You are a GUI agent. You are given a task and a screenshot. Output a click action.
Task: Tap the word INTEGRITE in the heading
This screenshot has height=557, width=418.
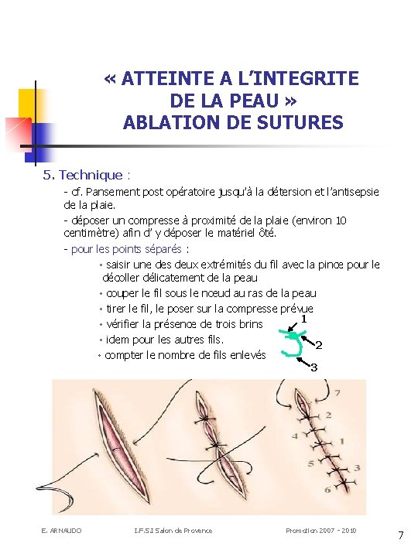(307, 78)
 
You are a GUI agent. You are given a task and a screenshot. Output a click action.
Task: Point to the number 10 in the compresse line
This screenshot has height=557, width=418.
(341, 220)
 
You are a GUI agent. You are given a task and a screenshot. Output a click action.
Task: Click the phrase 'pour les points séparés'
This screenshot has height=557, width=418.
(126, 249)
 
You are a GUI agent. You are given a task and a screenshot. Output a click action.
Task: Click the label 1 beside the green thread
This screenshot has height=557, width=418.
(303, 319)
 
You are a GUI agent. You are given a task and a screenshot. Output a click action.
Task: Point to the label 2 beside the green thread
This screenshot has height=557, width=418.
(319, 345)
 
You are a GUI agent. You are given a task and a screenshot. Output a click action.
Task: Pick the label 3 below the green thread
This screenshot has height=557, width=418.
(313, 367)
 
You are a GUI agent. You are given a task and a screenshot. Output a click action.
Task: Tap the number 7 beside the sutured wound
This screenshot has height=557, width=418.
(337, 393)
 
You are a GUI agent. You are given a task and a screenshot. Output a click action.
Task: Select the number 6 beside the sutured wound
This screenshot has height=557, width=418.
(327, 490)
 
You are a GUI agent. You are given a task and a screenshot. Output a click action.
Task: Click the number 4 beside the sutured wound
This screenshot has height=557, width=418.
(295, 436)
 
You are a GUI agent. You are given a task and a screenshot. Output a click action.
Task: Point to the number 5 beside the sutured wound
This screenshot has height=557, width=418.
(311, 463)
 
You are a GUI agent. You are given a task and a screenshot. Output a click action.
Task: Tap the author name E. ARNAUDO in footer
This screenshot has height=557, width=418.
(61, 531)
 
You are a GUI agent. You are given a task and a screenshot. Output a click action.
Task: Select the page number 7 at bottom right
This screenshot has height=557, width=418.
(401, 535)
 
